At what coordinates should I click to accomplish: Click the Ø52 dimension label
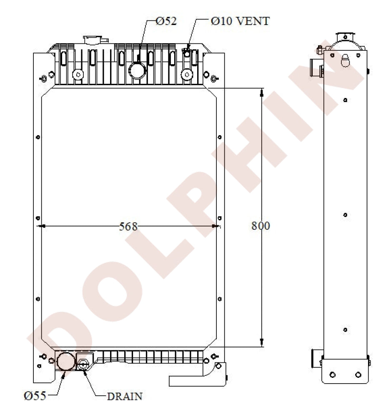(166, 21)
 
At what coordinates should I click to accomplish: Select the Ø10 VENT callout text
(240, 21)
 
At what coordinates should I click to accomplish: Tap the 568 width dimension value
(128, 226)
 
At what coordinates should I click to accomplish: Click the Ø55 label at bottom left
(35, 395)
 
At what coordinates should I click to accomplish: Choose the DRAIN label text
(125, 396)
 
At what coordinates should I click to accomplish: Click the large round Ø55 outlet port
(65, 362)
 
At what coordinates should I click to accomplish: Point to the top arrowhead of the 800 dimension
(262, 92)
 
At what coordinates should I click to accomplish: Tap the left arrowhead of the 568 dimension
(41, 226)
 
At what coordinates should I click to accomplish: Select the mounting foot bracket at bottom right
(198, 377)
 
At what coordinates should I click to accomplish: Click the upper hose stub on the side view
(316, 67)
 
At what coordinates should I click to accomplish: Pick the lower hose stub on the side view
(316, 358)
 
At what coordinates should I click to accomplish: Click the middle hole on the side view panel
(346, 215)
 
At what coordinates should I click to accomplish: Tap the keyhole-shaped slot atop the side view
(346, 60)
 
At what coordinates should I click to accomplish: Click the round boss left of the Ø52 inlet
(78, 75)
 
